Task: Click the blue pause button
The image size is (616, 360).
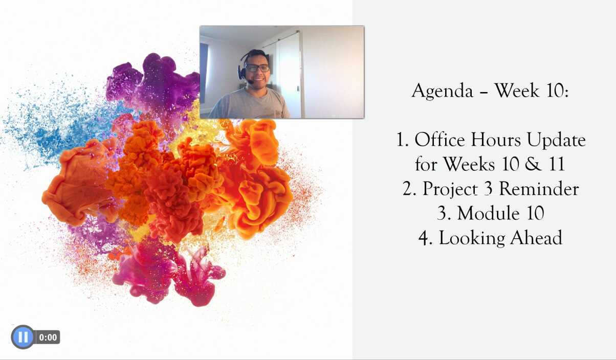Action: (x=23, y=337)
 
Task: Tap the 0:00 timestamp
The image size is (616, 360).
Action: (x=48, y=337)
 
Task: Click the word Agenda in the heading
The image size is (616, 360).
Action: (x=442, y=91)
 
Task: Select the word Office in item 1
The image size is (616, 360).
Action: (x=439, y=140)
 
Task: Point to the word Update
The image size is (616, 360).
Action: (x=556, y=141)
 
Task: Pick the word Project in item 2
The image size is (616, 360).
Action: (x=450, y=189)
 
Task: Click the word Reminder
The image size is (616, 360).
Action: (x=539, y=189)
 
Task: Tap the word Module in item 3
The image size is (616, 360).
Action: (x=489, y=213)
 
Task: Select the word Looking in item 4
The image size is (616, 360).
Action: (x=472, y=238)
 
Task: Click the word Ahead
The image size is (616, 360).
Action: (x=536, y=237)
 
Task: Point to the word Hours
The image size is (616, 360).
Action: (x=496, y=140)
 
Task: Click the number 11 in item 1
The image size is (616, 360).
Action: (x=557, y=164)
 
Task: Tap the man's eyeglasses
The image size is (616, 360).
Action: (x=257, y=68)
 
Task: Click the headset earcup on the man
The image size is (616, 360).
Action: (x=241, y=72)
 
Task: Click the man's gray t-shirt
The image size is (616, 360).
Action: (x=249, y=103)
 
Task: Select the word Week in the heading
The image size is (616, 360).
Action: (x=517, y=91)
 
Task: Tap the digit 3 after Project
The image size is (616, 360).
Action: (x=488, y=189)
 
